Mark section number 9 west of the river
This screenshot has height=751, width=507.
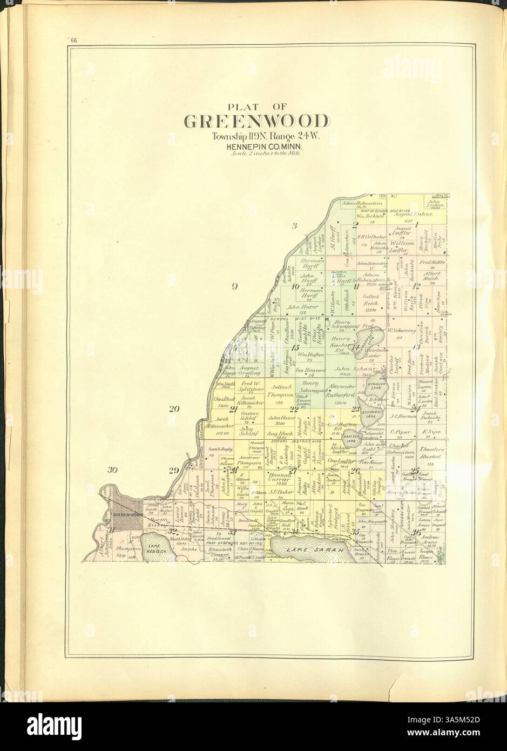tap(235, 287)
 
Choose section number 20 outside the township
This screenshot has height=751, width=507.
tap(173, 409)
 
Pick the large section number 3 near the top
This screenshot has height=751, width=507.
tap(294, 226)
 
